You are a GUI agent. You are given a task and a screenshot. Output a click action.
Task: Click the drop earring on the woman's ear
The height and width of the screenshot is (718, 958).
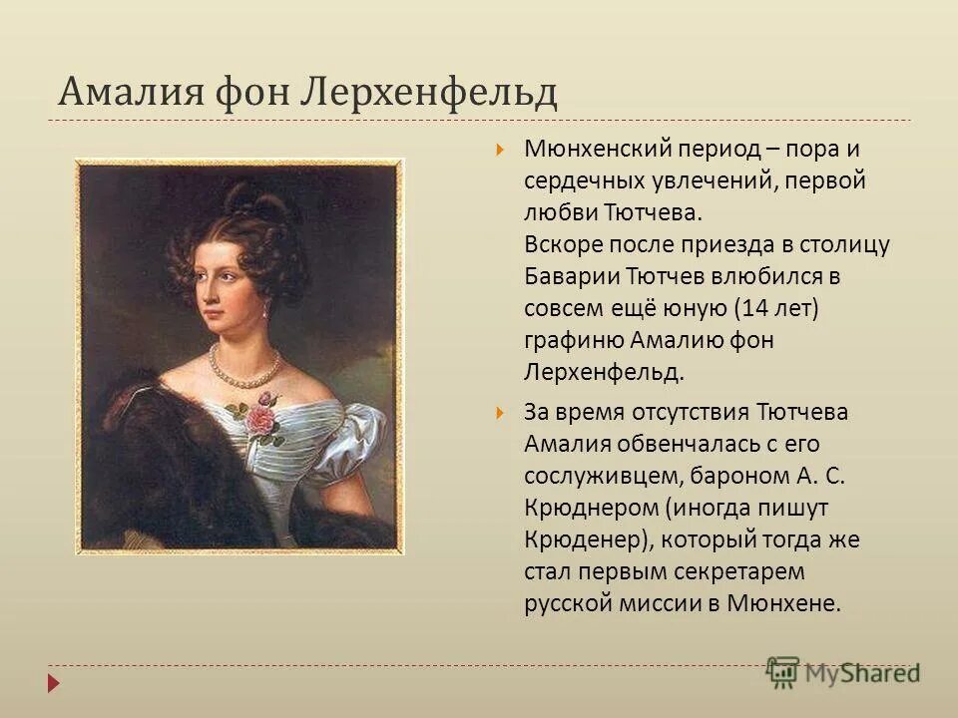tap(265, 309)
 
